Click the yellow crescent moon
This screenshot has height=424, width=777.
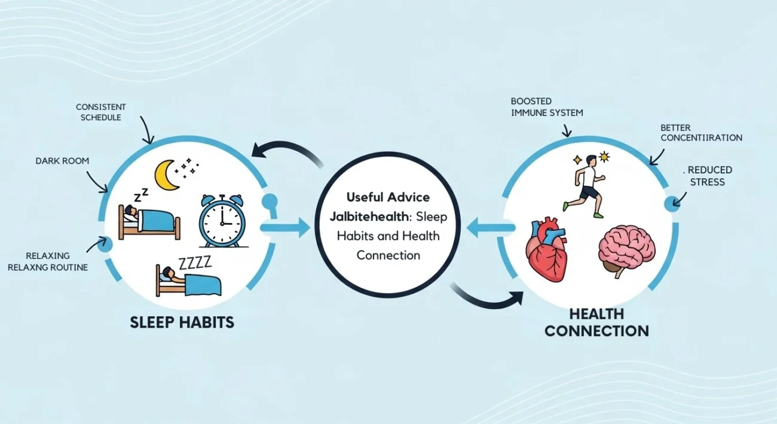[166, 175]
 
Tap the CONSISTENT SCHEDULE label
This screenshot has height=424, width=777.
[100, 112]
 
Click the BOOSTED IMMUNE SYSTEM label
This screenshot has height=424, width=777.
[546, 107]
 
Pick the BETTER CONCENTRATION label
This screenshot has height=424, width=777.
[701, 133]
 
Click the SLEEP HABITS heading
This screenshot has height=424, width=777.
[182, 322]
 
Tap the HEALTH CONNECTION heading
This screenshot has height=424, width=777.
[596, 322]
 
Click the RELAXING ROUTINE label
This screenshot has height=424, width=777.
[48, 261]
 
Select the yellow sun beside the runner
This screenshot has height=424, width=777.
[604, 157]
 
